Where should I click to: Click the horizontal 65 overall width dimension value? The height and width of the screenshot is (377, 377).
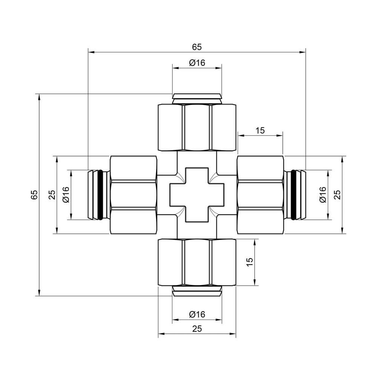coord(197,47)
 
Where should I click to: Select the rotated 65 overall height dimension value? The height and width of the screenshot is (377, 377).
coord(34,195)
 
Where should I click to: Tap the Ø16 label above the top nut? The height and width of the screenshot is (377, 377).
coord(197,63)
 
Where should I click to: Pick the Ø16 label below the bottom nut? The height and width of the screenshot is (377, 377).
coord(197,314)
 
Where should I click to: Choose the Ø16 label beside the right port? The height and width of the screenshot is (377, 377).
coord(322,195)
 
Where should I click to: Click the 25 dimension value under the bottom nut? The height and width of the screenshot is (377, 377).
coord(197,329)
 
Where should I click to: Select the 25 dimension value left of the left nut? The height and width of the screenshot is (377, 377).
coord(52,195)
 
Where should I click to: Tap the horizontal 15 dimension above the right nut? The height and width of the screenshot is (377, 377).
coord(260,130)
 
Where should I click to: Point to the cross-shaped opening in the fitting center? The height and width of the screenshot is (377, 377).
coord(197,195)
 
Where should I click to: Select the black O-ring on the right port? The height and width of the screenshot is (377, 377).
coord(293,195)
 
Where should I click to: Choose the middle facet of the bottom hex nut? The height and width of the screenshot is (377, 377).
coord(197,262)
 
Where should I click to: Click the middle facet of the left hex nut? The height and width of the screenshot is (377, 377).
coord(133,195)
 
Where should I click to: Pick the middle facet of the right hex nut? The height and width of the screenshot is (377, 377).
coord(260,195)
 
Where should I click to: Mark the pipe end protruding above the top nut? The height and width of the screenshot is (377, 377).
coord(197,97)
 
